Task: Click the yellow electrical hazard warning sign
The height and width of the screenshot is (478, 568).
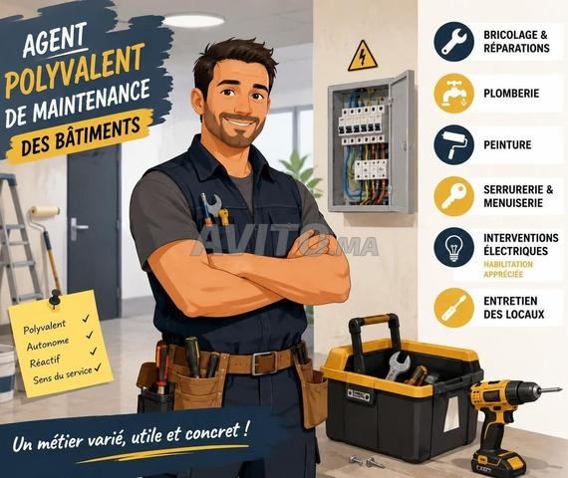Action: (x=363, y=57)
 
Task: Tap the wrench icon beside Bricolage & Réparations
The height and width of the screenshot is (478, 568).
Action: (x=453, y=42)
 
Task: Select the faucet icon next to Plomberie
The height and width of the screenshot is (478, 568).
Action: (x=453, y=94)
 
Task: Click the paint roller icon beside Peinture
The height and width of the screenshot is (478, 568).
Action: (x=453, y=144)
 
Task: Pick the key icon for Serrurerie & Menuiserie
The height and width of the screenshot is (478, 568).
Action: (x=453, y=196)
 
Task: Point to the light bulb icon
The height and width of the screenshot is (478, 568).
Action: (x=453, y=248)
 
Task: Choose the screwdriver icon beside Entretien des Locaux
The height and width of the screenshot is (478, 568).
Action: (x=453, y=308)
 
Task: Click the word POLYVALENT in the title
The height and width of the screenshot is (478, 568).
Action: (x=74, y=71)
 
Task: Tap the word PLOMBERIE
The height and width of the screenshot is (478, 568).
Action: (x=511, y=94)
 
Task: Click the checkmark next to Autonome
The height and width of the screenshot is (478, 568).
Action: (x=90, y=335)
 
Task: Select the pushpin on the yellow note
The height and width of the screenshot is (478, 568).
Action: (x=55, y=297)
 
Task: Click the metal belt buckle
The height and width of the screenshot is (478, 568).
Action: (x=263, y=362)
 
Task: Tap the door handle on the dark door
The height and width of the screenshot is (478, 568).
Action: (x=78, y=228)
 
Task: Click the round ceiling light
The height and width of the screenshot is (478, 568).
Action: (x=193, y=20)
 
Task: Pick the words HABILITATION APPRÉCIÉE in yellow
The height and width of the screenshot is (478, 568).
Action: (x=508, y=269)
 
